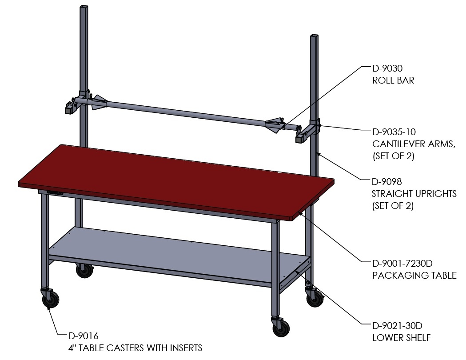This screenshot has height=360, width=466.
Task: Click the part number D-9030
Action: coord(387,68)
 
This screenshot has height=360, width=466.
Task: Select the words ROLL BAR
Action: coord(393,80)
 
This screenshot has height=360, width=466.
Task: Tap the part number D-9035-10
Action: coord(394,132)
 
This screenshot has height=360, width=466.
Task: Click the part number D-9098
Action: coord(386,181)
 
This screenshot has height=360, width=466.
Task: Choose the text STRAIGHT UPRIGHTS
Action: coord(414,193)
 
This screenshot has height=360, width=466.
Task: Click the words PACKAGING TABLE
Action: coord(414,275)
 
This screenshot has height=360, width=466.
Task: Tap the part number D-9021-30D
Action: coord(397,326)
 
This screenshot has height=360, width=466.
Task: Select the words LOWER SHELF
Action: coord(402,338)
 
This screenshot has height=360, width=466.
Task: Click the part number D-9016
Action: coord(83,336)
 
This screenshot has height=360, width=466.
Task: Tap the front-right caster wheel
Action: coord(281,328)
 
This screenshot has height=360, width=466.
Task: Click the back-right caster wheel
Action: coord(315,299)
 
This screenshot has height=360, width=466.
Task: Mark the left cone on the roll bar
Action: coord(99,102)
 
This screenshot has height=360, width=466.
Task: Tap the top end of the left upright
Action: coord(84,6)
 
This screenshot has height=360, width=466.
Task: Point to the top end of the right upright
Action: coord(315,36)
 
